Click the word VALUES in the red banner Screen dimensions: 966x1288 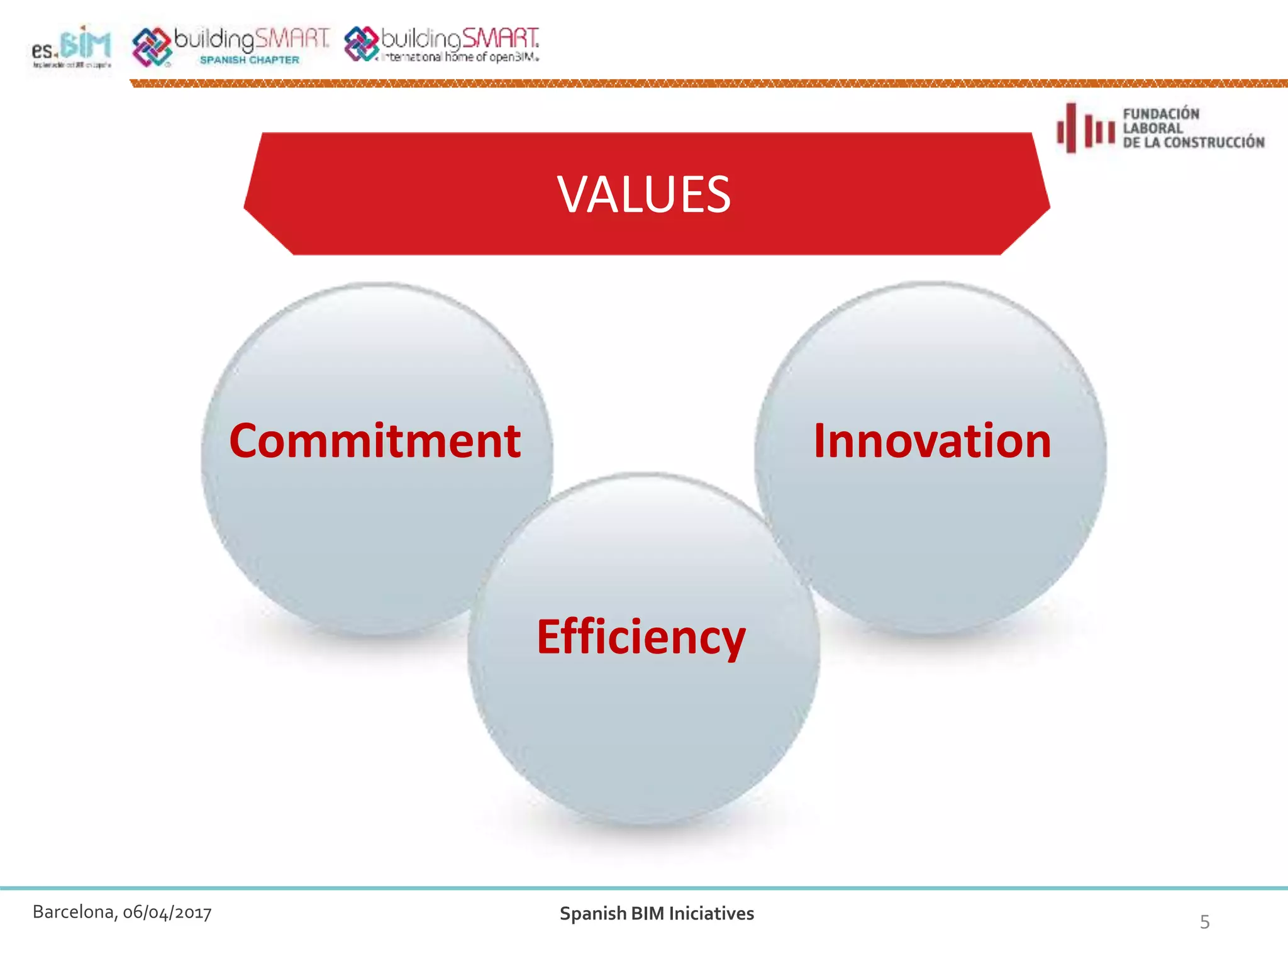pos(643,195)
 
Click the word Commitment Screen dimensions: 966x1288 pos(375,441)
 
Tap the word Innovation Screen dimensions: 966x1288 pos(932,441)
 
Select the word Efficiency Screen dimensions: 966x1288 pos(641,638)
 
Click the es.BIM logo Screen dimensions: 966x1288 pos(71,47)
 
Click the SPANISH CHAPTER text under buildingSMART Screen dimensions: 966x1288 pos(249,60)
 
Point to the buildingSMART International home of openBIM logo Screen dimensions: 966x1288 pos(442,45)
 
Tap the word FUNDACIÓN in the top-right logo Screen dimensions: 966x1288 pos(1161,114)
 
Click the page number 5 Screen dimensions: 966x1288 pos(1204,922)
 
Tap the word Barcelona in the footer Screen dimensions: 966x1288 pos(74,912)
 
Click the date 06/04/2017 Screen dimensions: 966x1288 pos(167,913)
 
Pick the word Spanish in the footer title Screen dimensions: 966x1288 pos(592,914)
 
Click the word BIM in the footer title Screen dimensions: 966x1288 pos(648,914)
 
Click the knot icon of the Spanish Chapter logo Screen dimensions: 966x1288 pos(151,47)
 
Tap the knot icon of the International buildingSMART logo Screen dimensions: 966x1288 pos(361,44)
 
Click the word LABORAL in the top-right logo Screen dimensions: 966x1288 pos(1152,128)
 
